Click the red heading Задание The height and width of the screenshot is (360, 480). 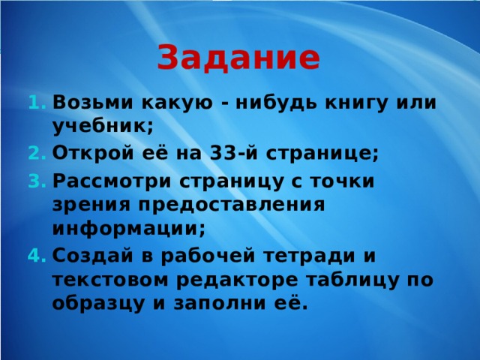coord(238,58)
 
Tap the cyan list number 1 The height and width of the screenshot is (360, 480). coord(37,102)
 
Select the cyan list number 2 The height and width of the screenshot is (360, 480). coord(37,153)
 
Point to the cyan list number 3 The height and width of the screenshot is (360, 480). coord(37,181)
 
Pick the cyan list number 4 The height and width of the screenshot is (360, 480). coord(37,255)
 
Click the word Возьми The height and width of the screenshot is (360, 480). coord(93,102)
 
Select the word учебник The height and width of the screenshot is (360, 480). coord(103,126)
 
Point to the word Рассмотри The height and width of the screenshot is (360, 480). coord(112,181)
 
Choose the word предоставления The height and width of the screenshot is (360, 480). coord(232,205)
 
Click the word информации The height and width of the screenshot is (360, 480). coord(128,229)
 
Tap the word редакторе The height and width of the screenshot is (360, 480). coord(237,280)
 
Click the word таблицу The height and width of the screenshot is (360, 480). coord(352,280)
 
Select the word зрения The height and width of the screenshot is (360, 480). coord(91,205)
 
